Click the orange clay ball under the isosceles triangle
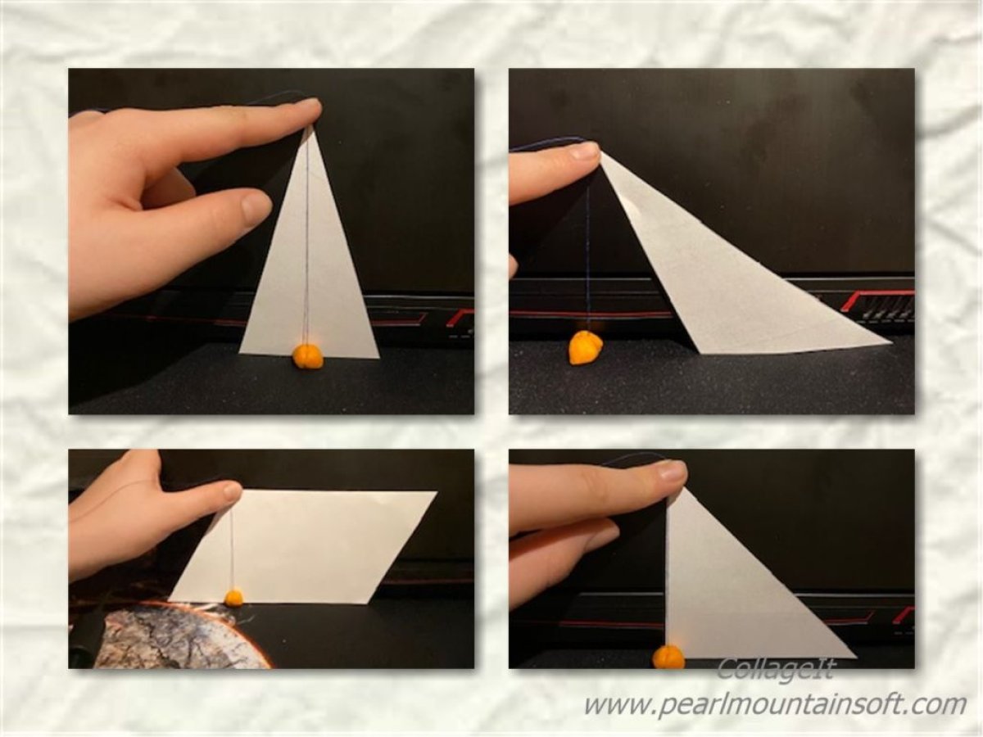pyautogui.click(x=308, y=356)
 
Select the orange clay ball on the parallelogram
pyautogui.click(x=233, y=598)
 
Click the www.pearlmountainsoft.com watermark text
pyautogui.click(x=775, y=705)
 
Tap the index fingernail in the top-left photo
pyautogui.click(x=308, y=106)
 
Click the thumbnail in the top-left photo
pyautogui.click(x=256, y=206)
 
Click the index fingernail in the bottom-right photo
pyautogui.click(x=673, y=471)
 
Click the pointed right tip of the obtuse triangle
pyautogui.click(x=891, y=344)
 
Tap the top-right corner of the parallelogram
pyautogui.click(x=437, y=492)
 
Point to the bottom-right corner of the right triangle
pyautogui.click(x=855, y=658)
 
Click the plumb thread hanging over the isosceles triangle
pyautogui.click(x=308, y=237)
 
